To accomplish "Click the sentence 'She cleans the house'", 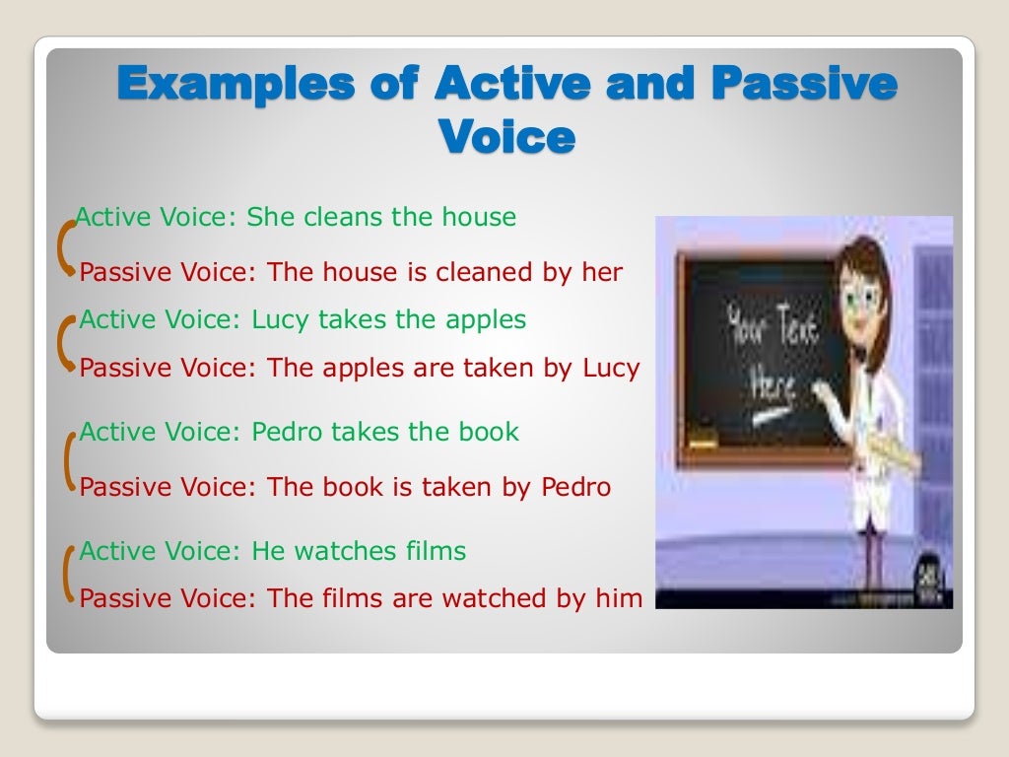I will pyautogui.click(x=381, y=217).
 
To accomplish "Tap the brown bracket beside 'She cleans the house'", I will pyautogui.click(x=67, y=245).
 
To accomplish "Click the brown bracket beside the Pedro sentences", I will pyautogui.click(x=69, y=460).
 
